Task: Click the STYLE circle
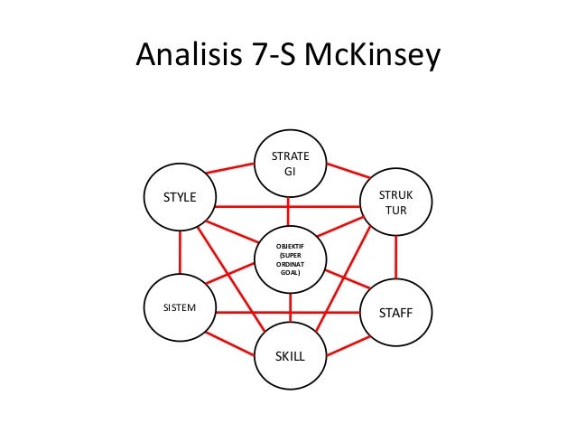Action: (179, 195)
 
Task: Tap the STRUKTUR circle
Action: (395, 202)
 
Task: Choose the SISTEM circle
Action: (179, 307)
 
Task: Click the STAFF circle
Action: (397, 313)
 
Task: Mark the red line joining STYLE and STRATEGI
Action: (231, 169)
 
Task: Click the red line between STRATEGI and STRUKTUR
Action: (344, 170)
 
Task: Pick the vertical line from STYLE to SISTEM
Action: (180, 250)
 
